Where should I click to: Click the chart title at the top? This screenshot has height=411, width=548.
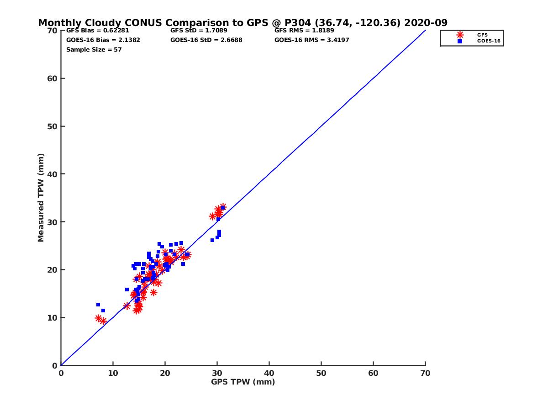click(242, 23)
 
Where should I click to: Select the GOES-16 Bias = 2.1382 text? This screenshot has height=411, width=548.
click(103, 40)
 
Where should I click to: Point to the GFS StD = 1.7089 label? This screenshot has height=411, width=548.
click(199, 31)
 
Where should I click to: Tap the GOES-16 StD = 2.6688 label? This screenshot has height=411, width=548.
click(206, 40)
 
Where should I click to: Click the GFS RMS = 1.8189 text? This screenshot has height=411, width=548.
click(304, 31)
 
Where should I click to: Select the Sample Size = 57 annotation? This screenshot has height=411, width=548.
click(94, 49)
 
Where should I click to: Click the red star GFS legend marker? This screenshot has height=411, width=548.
click(460, 35)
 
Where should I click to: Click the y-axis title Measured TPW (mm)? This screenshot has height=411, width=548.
click(41, 198)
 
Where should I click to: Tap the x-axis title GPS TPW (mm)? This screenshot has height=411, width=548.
click(243, 382)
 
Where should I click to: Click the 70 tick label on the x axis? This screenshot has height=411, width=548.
click(425, 373)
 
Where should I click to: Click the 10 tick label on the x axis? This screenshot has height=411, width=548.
click(113, 373)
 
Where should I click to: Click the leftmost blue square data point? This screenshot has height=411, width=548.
click(98, 305)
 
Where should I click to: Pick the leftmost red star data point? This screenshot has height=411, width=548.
click(98, 318)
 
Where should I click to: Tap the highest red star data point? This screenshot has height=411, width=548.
click(223, 207)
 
